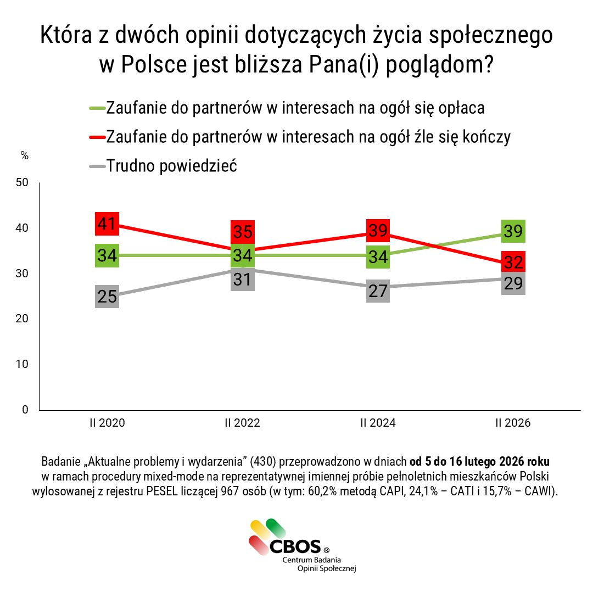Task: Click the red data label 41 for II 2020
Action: [107, 224]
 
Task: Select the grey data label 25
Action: [107, 297]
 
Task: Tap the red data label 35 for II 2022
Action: [242, 232]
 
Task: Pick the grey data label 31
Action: [242, 280]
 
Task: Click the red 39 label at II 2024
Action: [378, 231]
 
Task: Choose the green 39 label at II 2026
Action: [513, 231]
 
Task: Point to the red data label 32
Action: [513, 263]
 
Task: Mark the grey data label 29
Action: [513, 283]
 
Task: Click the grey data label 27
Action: [378, 291]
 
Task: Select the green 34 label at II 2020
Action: [107, 255]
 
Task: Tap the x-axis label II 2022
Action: [242, 423]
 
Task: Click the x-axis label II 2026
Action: [513, 423]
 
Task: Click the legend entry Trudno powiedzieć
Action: [171, 165]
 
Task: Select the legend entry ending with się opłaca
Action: [295, 108]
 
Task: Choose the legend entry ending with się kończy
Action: [308, 136]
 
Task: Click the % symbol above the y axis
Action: [24, 155]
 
